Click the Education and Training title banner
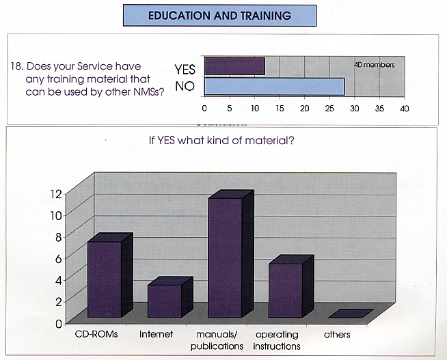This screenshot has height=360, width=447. pyautogui.click(x=219, y=16)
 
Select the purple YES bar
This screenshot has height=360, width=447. pyautogui.click(x=235, y=66)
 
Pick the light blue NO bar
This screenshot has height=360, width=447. pyautogui.click(x=275, y=87)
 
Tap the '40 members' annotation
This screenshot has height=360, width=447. pyautogui.click(x=375, y=65)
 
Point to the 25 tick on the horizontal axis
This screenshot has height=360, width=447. pyautogui.click(x=329, y=109)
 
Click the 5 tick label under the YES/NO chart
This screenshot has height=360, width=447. pyautogui.click(x=230, y=109)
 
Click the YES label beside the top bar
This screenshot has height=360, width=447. pyautogui.click(x=185, y=70)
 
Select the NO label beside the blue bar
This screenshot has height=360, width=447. pyautogui.click(x=185, y=86)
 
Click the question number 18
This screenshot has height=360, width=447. pyautogui.click(x=17, y=66)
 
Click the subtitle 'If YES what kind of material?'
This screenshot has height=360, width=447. pyautogui.click(x=221, y=140)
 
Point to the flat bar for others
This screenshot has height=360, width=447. pyautogui.click(x=351, y=314)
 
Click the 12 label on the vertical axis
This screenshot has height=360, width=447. pyautogui.click(x=56, y=194)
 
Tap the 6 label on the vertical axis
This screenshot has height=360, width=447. pyautogui.click(x=59, y=259)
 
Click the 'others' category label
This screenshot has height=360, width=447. pyautogui.click(x=337, y=334)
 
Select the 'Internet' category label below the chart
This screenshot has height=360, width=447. pyautogui.click(x=157, y=334)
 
